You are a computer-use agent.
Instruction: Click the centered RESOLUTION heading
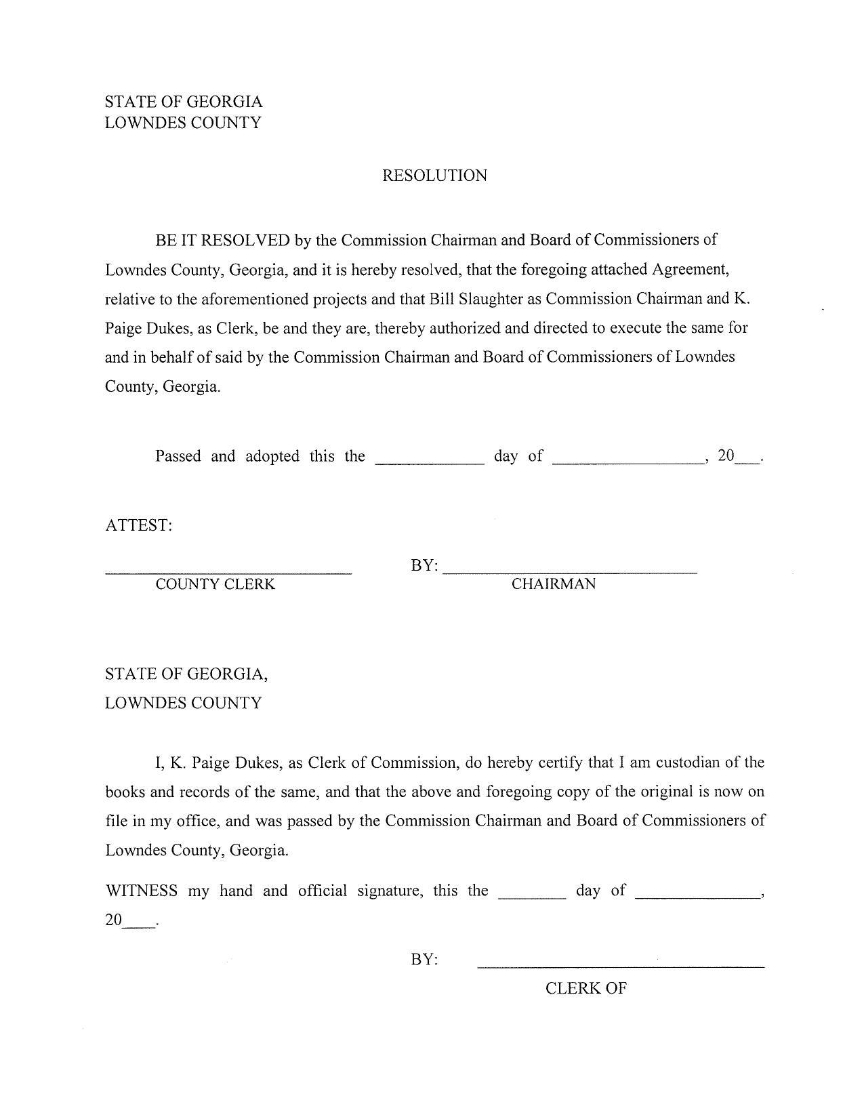point(434,176)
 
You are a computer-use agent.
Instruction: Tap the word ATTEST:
point(139,525)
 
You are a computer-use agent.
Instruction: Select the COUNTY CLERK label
point(215,584)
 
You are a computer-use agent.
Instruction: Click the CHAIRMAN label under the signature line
point(553,584)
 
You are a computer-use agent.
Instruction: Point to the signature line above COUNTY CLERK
point(228,573)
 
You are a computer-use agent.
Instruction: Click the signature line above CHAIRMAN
point(570,573)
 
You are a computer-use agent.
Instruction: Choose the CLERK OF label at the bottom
point(585,988)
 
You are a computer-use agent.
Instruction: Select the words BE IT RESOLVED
point(223,240)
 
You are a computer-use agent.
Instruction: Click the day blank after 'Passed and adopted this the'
point(430,461)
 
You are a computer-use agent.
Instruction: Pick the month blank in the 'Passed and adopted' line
point(628,461)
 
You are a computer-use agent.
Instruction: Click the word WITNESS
point(142,891)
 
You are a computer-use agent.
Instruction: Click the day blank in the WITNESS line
point(532,896)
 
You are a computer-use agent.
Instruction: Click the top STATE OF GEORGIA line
point(184,102)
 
